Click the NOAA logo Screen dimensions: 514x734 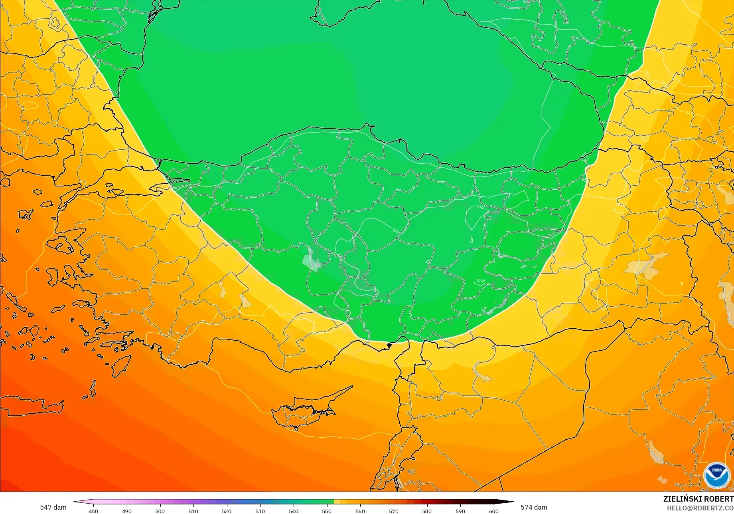(716, 475)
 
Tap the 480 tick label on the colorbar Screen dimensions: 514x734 (93, 511)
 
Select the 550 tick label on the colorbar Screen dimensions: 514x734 (327, 511)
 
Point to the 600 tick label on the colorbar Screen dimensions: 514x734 (494, 511)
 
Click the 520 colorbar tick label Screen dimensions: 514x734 (227, 511)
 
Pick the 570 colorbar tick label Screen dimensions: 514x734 (394, 511)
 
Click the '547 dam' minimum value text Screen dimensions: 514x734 (53, 507)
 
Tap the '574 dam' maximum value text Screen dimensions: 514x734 (534, 507)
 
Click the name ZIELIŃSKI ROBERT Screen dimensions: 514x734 (698, 499)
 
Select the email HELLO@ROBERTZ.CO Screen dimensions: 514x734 (700, 508)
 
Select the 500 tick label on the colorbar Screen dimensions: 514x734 (160, 511)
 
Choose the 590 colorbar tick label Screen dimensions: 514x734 (460, 511)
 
